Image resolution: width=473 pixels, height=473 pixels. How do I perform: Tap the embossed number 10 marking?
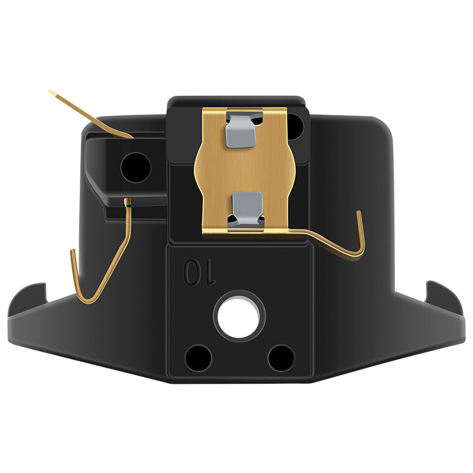pyautogui.click(x=199, y=271)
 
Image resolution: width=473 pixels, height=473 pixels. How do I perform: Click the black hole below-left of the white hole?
pyautogui.click(x=198, y=358)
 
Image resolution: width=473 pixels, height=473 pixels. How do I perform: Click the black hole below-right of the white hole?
pyautogui.click(x=281, y=358)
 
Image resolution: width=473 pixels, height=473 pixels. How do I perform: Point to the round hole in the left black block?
pyautogui.click(x=136, y=167)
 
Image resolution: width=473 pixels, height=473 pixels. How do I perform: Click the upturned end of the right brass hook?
pyautogui.click(x=359, y=213)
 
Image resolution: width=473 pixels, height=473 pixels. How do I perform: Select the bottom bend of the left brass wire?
pyautogui.click(x=90, y=300)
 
